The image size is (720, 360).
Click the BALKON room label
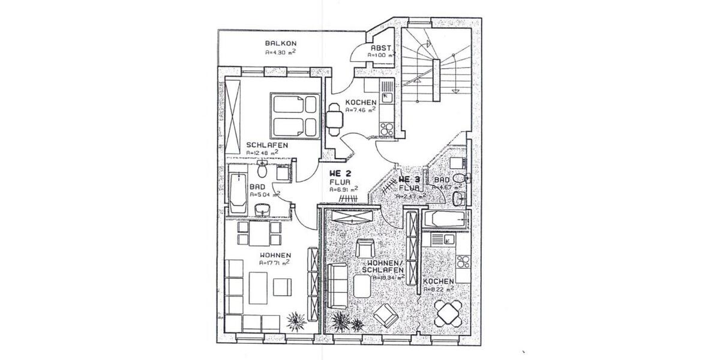click(x=281, y=43)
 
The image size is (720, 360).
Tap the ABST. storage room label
click(x=380, y=47)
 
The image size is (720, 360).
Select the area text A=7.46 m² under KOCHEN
click(x=361, y=110)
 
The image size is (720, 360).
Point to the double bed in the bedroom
click(x=293, y=115)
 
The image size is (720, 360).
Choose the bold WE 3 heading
click(x=409, y=179)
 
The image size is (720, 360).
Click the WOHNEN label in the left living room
click(x=275, y=255)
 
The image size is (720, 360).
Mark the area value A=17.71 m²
click(x=275, y=262)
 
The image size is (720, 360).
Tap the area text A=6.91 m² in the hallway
click(x=344, y=188)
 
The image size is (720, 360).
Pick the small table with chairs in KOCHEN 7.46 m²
click(x=334, y=117)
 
